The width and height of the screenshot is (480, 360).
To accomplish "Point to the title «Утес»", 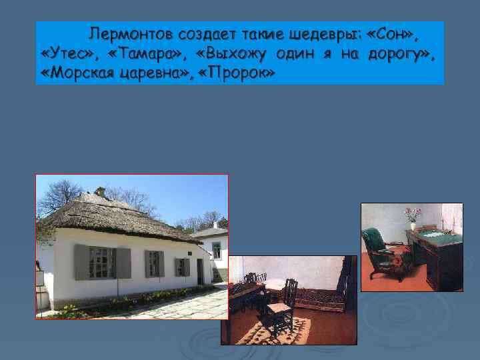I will click(67, 53).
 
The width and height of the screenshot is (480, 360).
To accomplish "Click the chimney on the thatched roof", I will click(100, 193).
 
